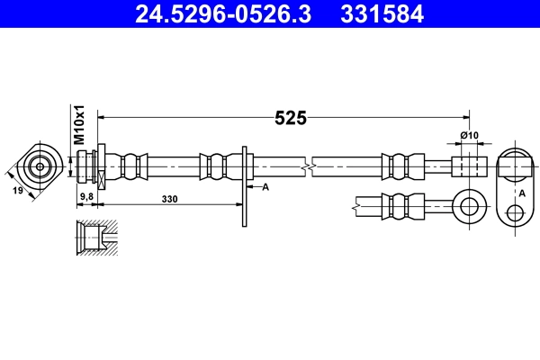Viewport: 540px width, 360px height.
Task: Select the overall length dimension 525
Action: coord(291,118)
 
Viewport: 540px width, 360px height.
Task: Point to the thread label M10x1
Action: coord(78,126)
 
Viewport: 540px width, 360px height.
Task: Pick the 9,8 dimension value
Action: coord(87,195)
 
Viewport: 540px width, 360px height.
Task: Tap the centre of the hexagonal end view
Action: coord(40,166)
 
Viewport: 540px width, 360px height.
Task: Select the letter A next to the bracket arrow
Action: coord(265,187)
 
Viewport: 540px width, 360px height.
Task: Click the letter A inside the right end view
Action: coord(521,192)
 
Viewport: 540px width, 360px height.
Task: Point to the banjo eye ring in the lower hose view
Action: coord(468,204)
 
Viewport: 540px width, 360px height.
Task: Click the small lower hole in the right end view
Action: coord(515,213)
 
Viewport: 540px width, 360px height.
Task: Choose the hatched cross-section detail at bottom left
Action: coord(96,238)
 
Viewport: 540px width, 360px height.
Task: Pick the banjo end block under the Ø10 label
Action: coord(467,166)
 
